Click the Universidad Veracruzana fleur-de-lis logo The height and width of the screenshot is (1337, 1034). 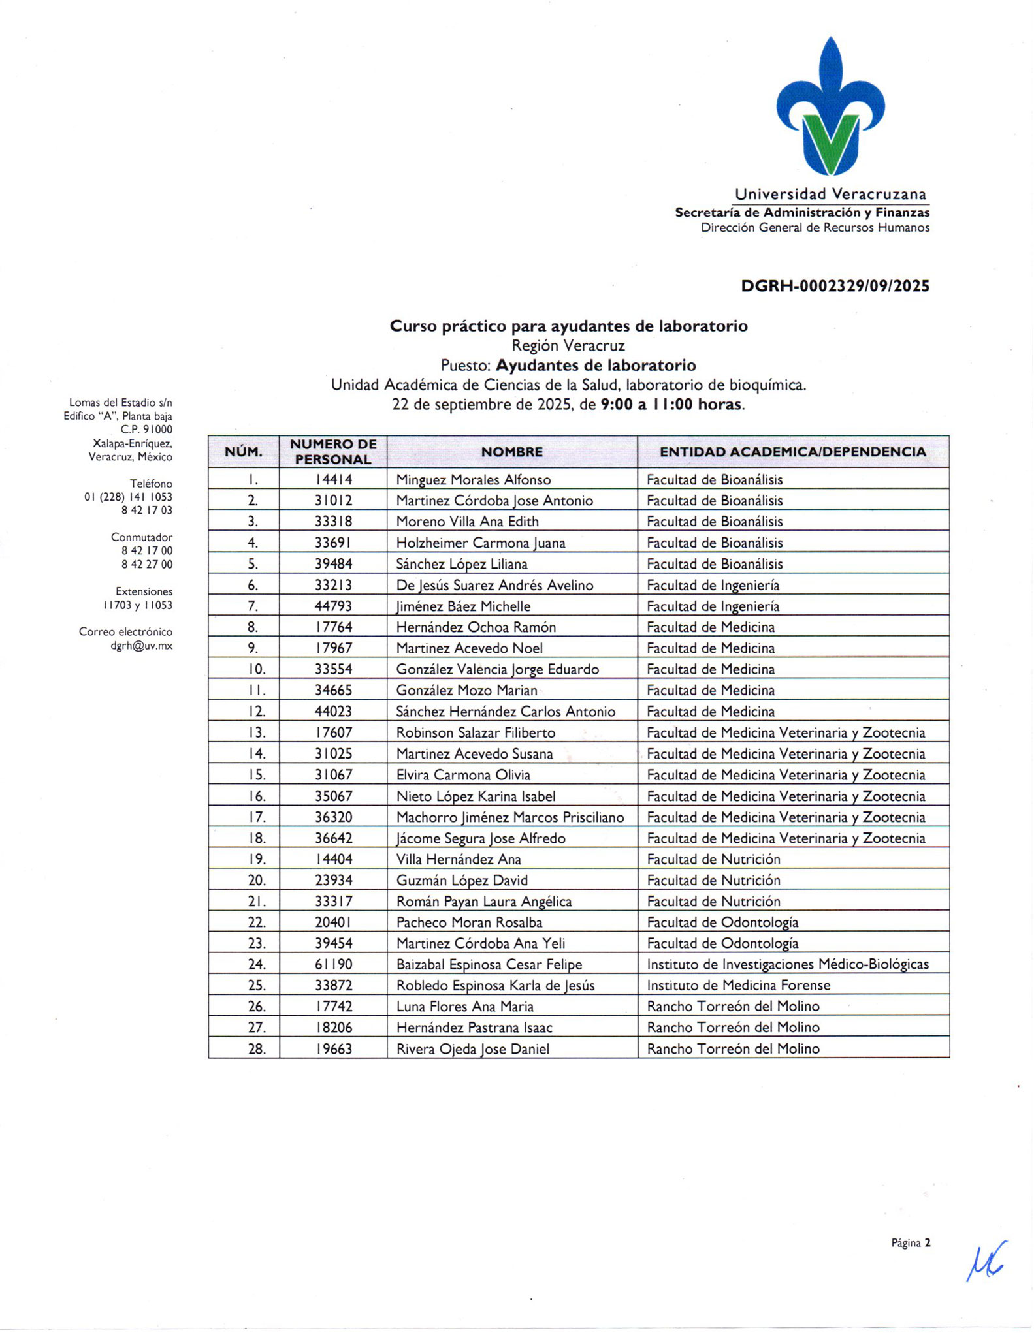tap(830, 108)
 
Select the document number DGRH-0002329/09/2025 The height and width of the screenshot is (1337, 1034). tap(835, 286)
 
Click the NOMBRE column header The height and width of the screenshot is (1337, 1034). tap(512, 452)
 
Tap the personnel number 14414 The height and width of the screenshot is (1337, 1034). tap(333, 480)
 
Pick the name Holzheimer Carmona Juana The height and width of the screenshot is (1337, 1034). tap(481, 543)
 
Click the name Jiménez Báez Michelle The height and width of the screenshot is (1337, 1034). tap(463, 606)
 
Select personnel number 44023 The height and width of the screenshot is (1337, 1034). tap(333, 712)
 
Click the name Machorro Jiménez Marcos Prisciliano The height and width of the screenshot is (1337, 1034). tap(510, 817)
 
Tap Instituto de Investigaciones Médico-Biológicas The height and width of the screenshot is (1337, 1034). tap(788, 964)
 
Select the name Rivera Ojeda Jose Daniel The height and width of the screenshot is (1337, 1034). tap(473, 1048)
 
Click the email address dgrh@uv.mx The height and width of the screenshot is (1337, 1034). tap(142, 646)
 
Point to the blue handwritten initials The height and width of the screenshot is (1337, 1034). tap(986, 1260)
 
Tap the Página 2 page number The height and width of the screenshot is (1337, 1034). tap(911, 1243)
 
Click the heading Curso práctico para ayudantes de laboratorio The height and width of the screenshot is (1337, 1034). tap(568, 326)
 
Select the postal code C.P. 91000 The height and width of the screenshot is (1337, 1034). tap(146, 430)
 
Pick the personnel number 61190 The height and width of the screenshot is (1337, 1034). tap(333, 964)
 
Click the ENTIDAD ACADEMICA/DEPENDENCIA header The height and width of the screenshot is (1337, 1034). tap(792, 452)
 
